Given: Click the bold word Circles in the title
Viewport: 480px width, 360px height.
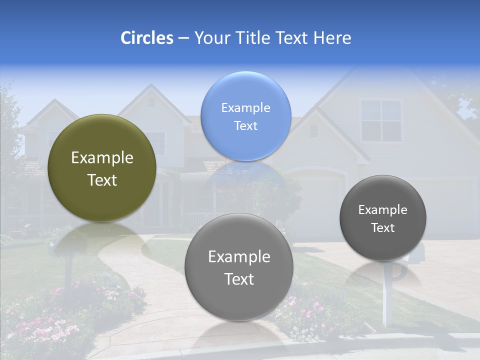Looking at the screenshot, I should click(147, 38).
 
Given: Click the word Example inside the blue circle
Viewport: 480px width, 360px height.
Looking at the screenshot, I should click(246, 107).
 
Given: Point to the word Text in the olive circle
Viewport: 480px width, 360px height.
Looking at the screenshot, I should click(102, 180).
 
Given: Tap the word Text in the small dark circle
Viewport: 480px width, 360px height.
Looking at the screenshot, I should click(383, 228).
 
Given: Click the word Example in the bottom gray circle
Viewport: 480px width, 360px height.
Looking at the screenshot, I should click(239, 256).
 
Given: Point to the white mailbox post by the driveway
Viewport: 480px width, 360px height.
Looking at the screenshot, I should click(385, 300).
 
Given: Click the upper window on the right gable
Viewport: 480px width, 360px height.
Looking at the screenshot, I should click(381, 120).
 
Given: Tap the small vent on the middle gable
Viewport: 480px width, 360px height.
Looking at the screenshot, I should click(313, 130).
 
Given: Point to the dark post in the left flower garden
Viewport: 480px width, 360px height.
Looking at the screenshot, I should click(66, 270).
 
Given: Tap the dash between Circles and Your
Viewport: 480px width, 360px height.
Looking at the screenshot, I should click(183, 38).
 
